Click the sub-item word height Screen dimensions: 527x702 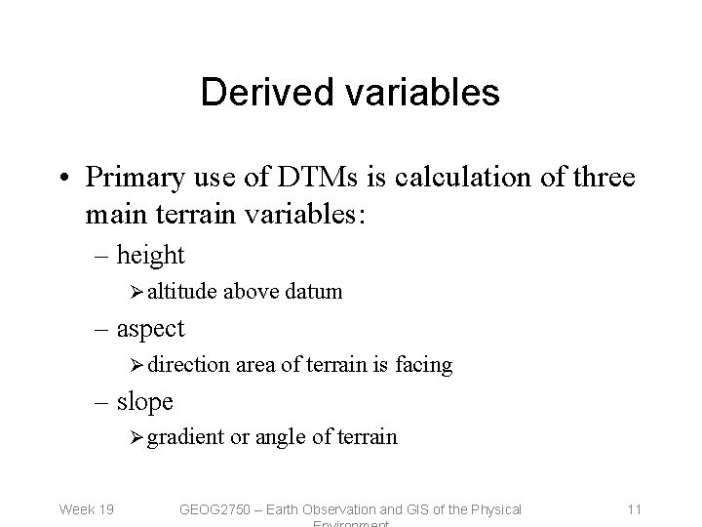coord(150,256)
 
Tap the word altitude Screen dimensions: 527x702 coord(182,291)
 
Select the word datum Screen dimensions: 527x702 coord(313,291)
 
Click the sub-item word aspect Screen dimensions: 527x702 coord(150,329)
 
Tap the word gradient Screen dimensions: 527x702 coord(186,437)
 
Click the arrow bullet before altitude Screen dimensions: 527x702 coord(137,291)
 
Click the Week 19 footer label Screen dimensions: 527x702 coord(86,508)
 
